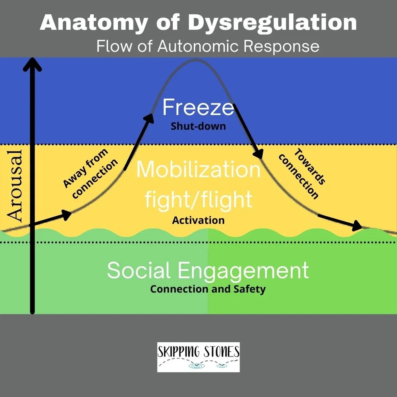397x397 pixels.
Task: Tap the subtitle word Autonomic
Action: [x=198, y=46]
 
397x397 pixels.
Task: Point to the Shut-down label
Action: [x=198, y=127]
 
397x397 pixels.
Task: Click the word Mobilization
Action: [x=198, y=170]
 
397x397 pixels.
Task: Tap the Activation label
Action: [x=198, y=220]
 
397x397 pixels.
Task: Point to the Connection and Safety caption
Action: [x=208, y=289]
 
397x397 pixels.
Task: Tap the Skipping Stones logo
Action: [x=198, y=357]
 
